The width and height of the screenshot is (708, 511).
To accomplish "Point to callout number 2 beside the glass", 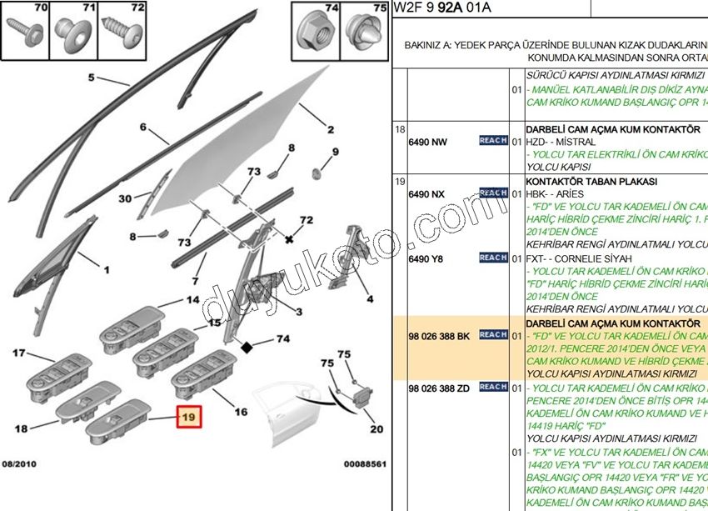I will click(331, 130).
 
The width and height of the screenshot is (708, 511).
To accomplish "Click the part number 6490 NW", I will click(427, 142).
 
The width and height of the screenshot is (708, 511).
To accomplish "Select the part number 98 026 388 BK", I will click(439, 335).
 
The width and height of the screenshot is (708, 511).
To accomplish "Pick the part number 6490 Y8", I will click(426, 258).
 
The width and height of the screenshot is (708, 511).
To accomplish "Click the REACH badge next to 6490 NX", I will click(493, 193).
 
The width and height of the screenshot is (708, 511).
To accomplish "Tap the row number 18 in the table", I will click(400, 129).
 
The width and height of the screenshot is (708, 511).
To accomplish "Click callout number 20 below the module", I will click(376, 429).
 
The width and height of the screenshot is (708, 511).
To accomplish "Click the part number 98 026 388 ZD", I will click(439, 388).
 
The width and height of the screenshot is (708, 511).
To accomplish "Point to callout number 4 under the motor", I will click(370, 298).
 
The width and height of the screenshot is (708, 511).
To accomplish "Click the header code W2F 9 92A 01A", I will click(443, 8).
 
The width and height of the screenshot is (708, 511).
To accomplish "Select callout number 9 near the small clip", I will click(336, 152).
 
